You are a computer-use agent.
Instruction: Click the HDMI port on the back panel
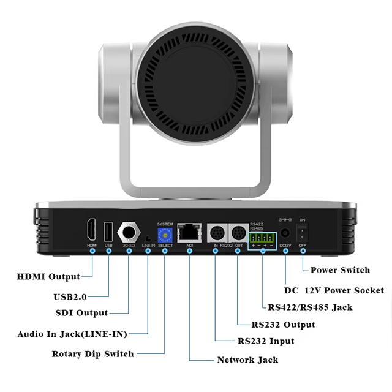[91, 229]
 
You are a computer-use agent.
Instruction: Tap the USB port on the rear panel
[108, 232]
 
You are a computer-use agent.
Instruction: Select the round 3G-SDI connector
[129, 232]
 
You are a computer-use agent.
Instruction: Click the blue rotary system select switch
[165, 235]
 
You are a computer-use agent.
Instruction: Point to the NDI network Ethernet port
[189, 233]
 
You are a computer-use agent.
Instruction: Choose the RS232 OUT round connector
[239, 233]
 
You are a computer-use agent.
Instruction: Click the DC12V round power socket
[285, 233]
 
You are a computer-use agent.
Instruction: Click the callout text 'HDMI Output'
[48, 277]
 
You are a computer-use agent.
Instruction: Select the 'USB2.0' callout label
[70, 296]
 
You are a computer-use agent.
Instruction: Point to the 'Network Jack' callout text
[247, 360]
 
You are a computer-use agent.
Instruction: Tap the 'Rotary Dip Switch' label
[92, 354]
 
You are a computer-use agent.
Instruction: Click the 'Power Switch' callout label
[340, 270]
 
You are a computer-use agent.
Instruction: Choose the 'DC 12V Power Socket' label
[334, 290]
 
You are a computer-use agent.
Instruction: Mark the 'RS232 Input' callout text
[266, 341]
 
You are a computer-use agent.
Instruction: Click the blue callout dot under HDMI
[92, 251]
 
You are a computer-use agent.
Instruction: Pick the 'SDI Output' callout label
[81, 313]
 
